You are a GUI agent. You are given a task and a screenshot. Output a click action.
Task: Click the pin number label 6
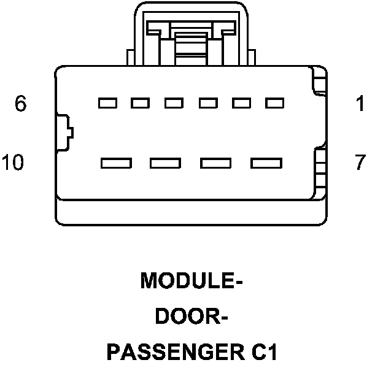[x=21, y=104]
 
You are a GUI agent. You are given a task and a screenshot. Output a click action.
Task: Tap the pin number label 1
[x=360, y=104]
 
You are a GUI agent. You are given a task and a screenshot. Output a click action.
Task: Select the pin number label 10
[x=12, y=163]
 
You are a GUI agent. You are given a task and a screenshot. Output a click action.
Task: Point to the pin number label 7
[x=360, y=163]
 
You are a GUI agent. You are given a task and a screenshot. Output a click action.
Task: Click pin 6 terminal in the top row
[x=108, y=102]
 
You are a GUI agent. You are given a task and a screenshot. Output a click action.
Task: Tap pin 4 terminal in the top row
[x=174, y=102]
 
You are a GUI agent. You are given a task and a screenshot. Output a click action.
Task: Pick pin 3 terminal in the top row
[x=207, y=102]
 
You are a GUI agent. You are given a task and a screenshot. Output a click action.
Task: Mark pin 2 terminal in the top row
[x=240, y=102]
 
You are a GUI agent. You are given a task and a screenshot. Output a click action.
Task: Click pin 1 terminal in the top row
[x=273, y=102]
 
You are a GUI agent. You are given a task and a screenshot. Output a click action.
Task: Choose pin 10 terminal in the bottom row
[x=117, y=163]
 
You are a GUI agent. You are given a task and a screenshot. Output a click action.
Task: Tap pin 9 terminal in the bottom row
[x=166, y=163]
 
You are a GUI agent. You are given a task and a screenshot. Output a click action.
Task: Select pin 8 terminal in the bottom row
[x=215, y=163]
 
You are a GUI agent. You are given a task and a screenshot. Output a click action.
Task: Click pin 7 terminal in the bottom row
[x=265, y=163]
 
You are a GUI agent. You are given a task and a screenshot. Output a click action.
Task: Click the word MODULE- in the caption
[x=192, y=281]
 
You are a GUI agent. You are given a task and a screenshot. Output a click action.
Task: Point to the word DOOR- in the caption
[x=192, y=317]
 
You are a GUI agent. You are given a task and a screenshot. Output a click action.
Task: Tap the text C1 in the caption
[x=263, y=353]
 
